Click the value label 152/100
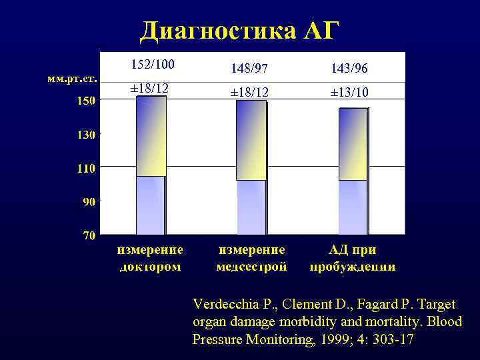152,65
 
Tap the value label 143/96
349,69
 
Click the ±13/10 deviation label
349,93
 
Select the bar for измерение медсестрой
251,167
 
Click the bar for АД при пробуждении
353,171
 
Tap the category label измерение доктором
150,258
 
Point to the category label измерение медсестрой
252,258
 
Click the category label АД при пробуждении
352,258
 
